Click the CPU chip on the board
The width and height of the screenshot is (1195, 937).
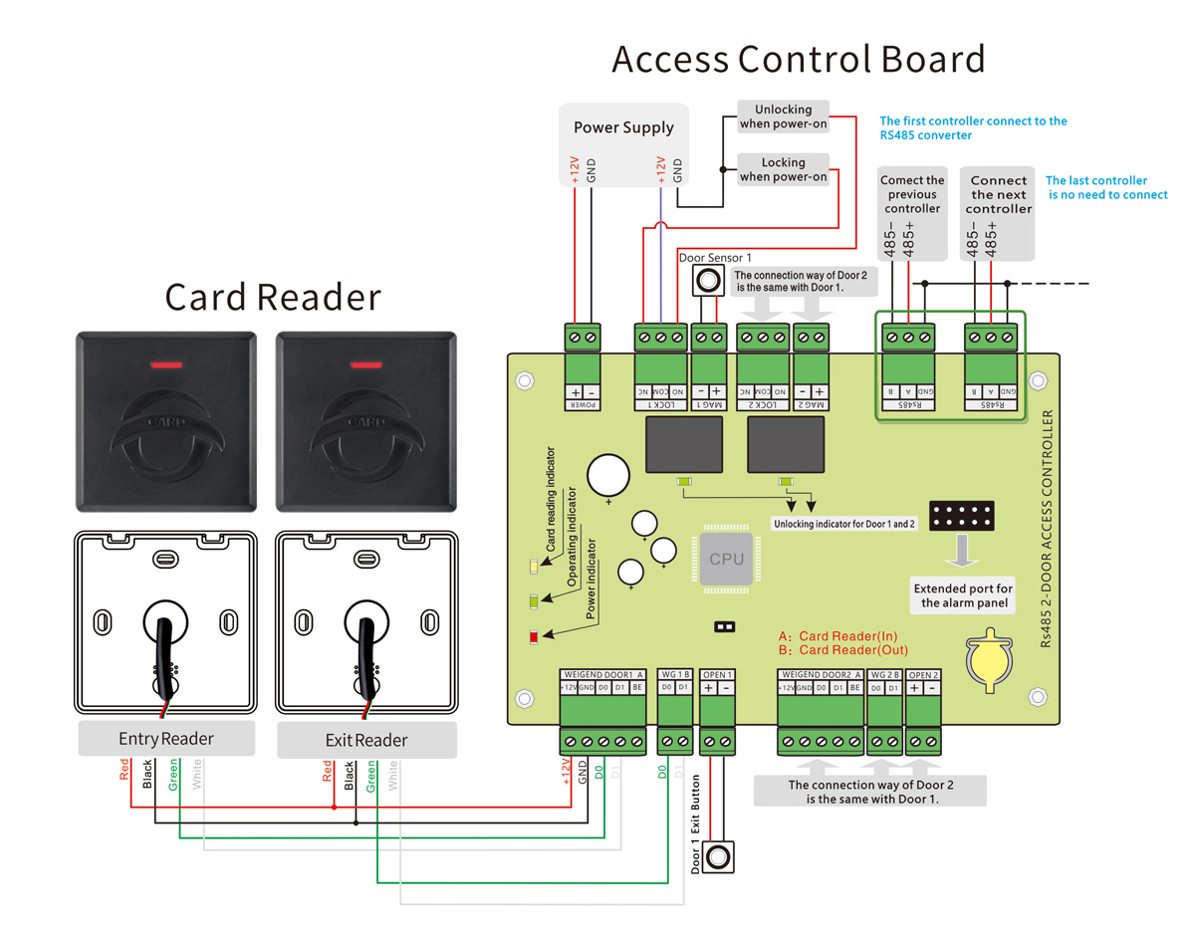[726, 559]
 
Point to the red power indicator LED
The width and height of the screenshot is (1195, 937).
[534, 637]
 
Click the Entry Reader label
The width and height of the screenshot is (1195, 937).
[166, 739]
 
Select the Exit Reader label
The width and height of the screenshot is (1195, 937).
[365, 740]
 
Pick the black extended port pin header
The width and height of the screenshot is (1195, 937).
[963, 516]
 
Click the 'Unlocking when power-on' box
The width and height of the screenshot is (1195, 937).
[783, 117]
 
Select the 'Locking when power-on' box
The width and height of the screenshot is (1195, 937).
[783, 169]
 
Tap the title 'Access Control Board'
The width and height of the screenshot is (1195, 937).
[799, 59]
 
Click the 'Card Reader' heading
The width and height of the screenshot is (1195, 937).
[273, 297]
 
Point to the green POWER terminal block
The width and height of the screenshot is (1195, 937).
[584, 339]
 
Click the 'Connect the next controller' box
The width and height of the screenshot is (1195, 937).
[998, 195]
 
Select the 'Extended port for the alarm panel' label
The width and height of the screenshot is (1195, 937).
[963, 595]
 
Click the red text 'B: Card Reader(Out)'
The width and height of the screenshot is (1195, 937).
[843, 650]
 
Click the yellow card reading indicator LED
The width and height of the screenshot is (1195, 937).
[534, 567]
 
